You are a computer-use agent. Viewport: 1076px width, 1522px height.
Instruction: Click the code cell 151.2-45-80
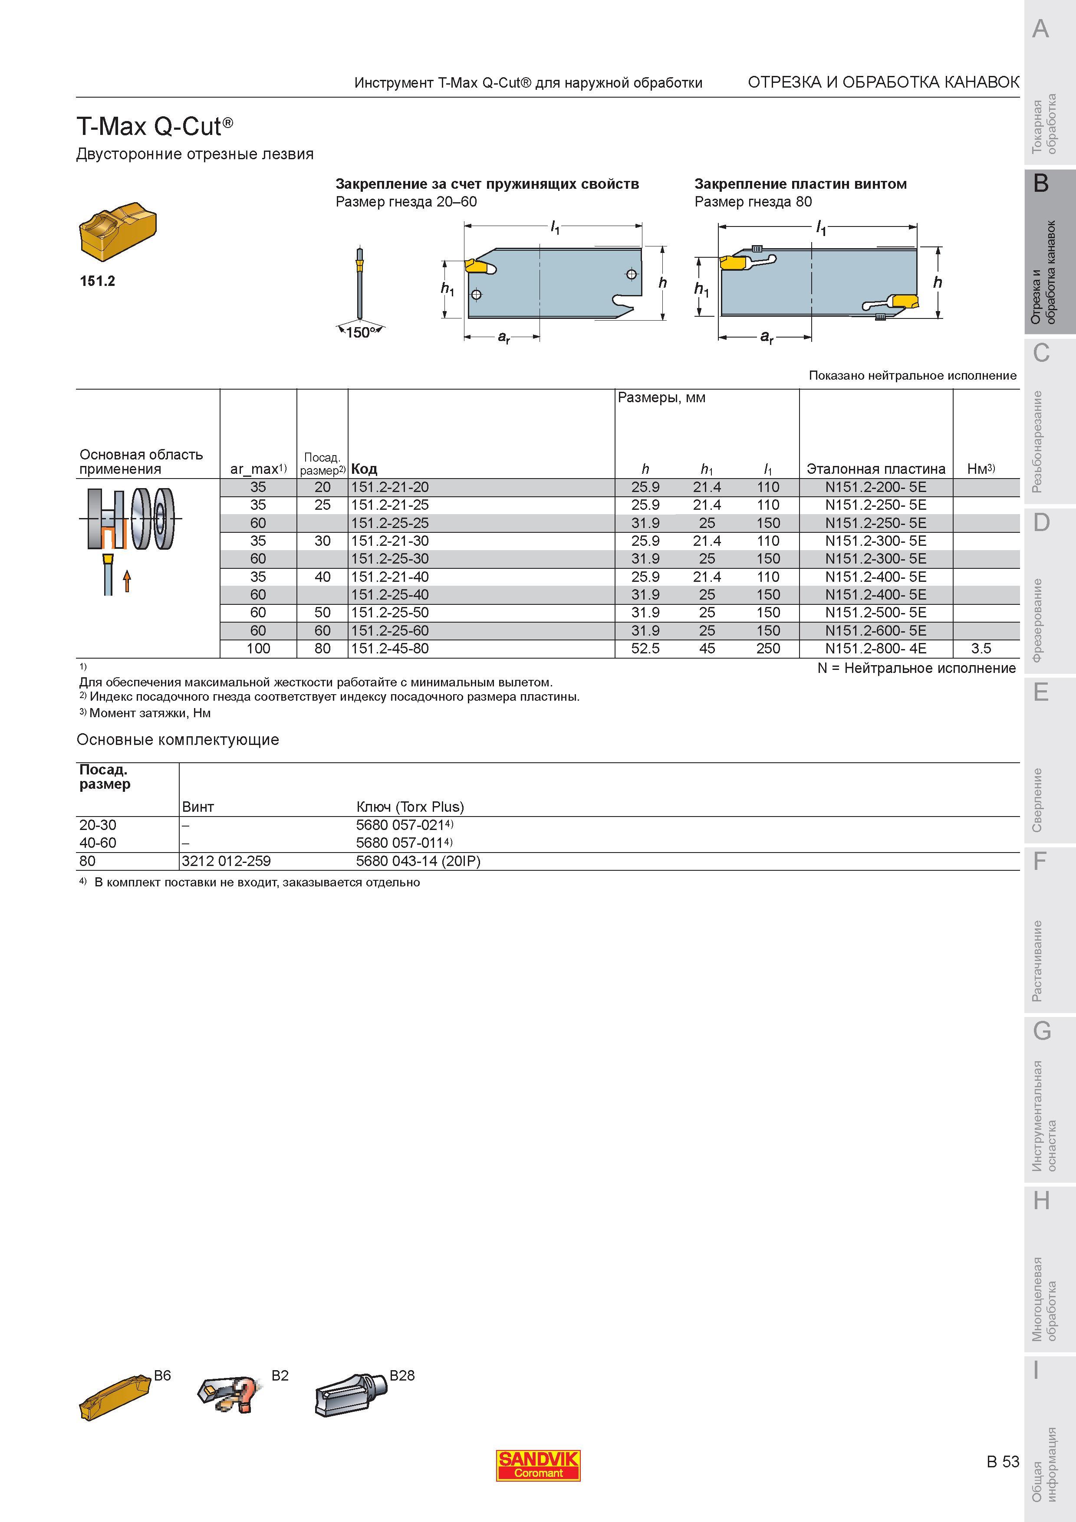click(x=390, y=648)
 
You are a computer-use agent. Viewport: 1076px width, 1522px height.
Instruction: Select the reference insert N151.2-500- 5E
click(x=875, y=613)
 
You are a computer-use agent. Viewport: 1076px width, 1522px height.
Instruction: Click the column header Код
click(x=364, y=469)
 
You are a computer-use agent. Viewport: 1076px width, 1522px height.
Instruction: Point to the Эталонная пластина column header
click(x=876, y=469)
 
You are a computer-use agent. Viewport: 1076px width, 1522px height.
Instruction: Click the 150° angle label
click(x=361, y=333)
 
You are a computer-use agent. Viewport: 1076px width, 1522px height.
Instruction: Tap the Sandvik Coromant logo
click(x=538, y=1466)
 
